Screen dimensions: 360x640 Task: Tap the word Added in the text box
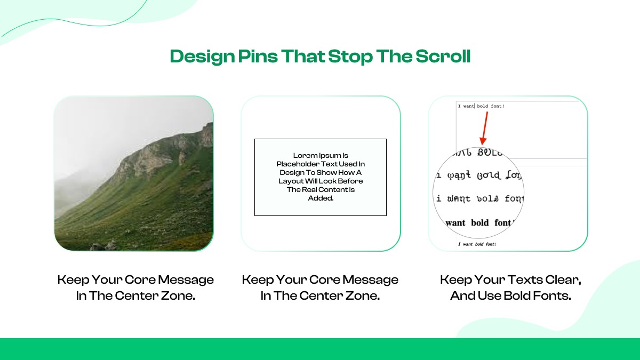[320, 198]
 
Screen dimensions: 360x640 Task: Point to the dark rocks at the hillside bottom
[104, 246]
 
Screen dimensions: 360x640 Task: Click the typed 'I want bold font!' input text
[481, 106]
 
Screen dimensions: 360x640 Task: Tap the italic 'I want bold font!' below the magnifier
[477, 244]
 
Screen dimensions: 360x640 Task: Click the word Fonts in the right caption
[555, 295]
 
